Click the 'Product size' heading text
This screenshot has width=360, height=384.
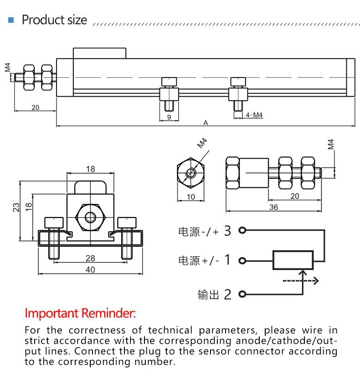(54, 20)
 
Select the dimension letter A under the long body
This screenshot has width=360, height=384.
(206, 122)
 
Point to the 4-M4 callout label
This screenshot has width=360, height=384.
(254, 115)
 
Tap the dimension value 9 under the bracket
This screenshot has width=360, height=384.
(169, 117)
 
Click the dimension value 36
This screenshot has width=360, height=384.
(273, 207)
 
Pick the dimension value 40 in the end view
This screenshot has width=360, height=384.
(90, 270)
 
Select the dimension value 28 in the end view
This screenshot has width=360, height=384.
(90, 258)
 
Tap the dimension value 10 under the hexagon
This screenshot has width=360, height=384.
(190, 197)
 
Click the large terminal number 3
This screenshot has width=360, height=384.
(228, 231)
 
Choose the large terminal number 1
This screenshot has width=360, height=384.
(228, 260)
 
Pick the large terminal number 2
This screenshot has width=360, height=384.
(228, 295)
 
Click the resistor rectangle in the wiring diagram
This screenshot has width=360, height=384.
(293, 260)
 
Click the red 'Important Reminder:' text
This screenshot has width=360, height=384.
(80, 313)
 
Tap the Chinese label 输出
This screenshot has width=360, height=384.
(208, 295)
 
